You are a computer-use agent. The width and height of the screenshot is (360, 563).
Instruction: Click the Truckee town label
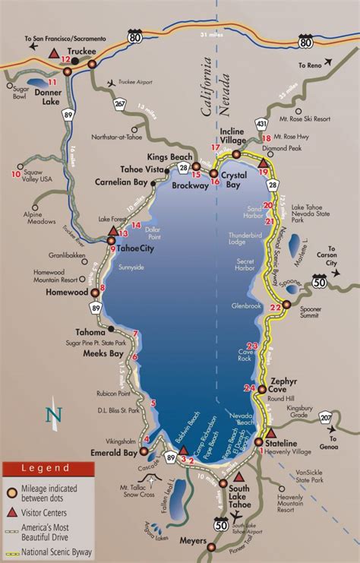(83, 50)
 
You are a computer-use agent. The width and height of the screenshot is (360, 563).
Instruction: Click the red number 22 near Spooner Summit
(276, 307)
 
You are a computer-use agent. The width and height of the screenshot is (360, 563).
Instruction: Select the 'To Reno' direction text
(311, 66)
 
